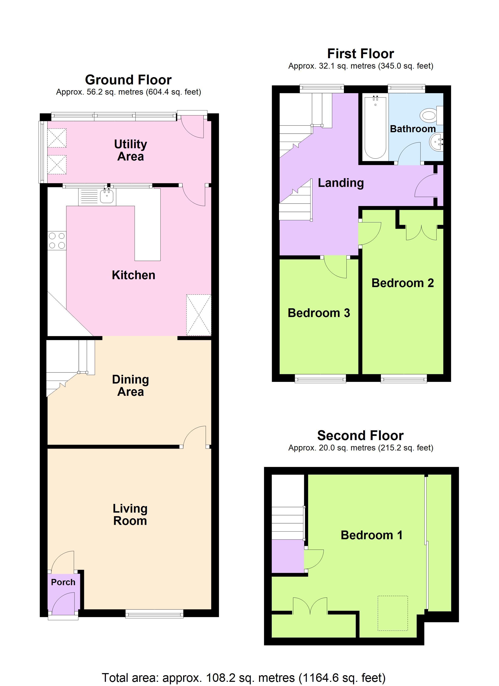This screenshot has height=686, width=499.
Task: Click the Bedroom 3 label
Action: click(319, 313)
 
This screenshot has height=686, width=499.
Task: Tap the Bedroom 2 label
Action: click(403, 283)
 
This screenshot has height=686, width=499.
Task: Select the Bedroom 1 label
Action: click(372, 535)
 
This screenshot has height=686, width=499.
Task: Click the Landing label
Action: click(341, 183)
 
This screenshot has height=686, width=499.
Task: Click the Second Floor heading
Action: click(360, 436)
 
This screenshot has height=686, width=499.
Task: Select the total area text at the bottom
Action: click(244, 678)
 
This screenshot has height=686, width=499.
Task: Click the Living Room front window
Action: click(154, 613)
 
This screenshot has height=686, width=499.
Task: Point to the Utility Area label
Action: click(130, 150)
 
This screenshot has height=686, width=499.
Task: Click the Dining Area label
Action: click(130, 386)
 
